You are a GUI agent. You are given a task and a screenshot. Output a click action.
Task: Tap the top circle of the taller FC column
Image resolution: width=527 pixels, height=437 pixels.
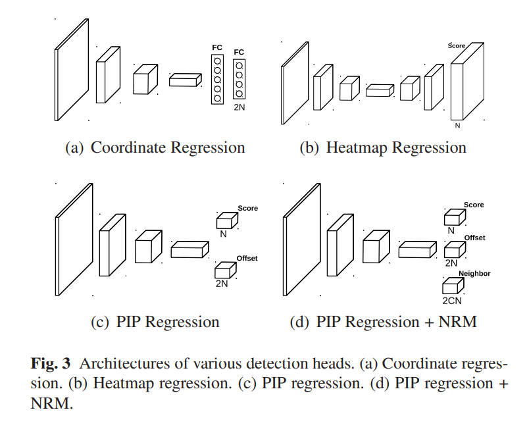click(x=217, y=61)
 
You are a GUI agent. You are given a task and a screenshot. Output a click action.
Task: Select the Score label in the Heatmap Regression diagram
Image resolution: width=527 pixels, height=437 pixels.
click(x=457, y=45)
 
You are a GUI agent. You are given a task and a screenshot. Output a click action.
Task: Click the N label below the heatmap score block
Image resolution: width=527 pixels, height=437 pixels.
click(x=458, y=124)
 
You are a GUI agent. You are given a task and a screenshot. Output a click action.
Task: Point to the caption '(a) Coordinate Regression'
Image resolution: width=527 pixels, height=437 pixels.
click(x=155, y=147)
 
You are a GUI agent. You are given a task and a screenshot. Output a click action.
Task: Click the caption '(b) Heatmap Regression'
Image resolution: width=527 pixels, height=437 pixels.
click(x=383, y=147)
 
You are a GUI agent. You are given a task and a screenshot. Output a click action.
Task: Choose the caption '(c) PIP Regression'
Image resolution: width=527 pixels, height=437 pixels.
click(x=155, y=322)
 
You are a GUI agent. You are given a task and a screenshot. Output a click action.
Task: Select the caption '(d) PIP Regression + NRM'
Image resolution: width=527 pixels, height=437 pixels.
click(x=384, y=322)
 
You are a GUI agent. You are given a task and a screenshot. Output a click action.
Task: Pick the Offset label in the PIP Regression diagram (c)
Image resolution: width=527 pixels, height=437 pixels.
click(x=247, y=259)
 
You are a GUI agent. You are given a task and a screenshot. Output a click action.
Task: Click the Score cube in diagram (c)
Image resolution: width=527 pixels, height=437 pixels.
click(x=225, y=220)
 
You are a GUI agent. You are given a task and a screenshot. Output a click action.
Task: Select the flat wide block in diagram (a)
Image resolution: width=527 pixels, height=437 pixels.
click(x=184, y=80)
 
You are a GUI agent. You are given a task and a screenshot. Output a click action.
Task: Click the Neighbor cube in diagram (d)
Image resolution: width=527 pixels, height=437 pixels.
click(x=452, y=286)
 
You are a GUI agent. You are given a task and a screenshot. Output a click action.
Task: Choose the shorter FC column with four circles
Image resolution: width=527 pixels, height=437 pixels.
click(x=239, y=79)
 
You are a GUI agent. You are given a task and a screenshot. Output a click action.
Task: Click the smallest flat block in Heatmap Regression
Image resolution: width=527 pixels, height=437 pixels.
click(x=378, y=91)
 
